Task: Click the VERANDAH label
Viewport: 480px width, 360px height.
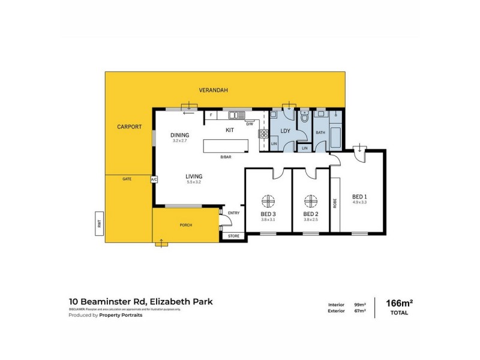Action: [214, 90]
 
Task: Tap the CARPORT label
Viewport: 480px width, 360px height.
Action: [129, 127]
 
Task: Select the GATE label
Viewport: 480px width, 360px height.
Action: [127, 179]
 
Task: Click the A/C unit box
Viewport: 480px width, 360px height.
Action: [154, 179]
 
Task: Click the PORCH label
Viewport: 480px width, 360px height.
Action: [186, 225]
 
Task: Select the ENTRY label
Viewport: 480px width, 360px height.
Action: [233, 213]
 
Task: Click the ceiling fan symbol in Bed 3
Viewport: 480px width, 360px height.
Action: [268, 201]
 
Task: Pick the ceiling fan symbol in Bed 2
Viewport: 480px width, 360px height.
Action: [310, 201]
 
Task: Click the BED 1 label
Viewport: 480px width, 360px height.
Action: [359, 197]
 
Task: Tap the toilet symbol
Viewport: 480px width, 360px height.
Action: [305, 118]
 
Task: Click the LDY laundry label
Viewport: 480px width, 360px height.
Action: [286, 130]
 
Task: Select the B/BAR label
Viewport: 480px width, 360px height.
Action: [226, 157]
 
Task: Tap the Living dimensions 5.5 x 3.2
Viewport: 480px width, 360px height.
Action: [194, 182]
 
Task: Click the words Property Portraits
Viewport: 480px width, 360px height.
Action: [121, 314]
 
